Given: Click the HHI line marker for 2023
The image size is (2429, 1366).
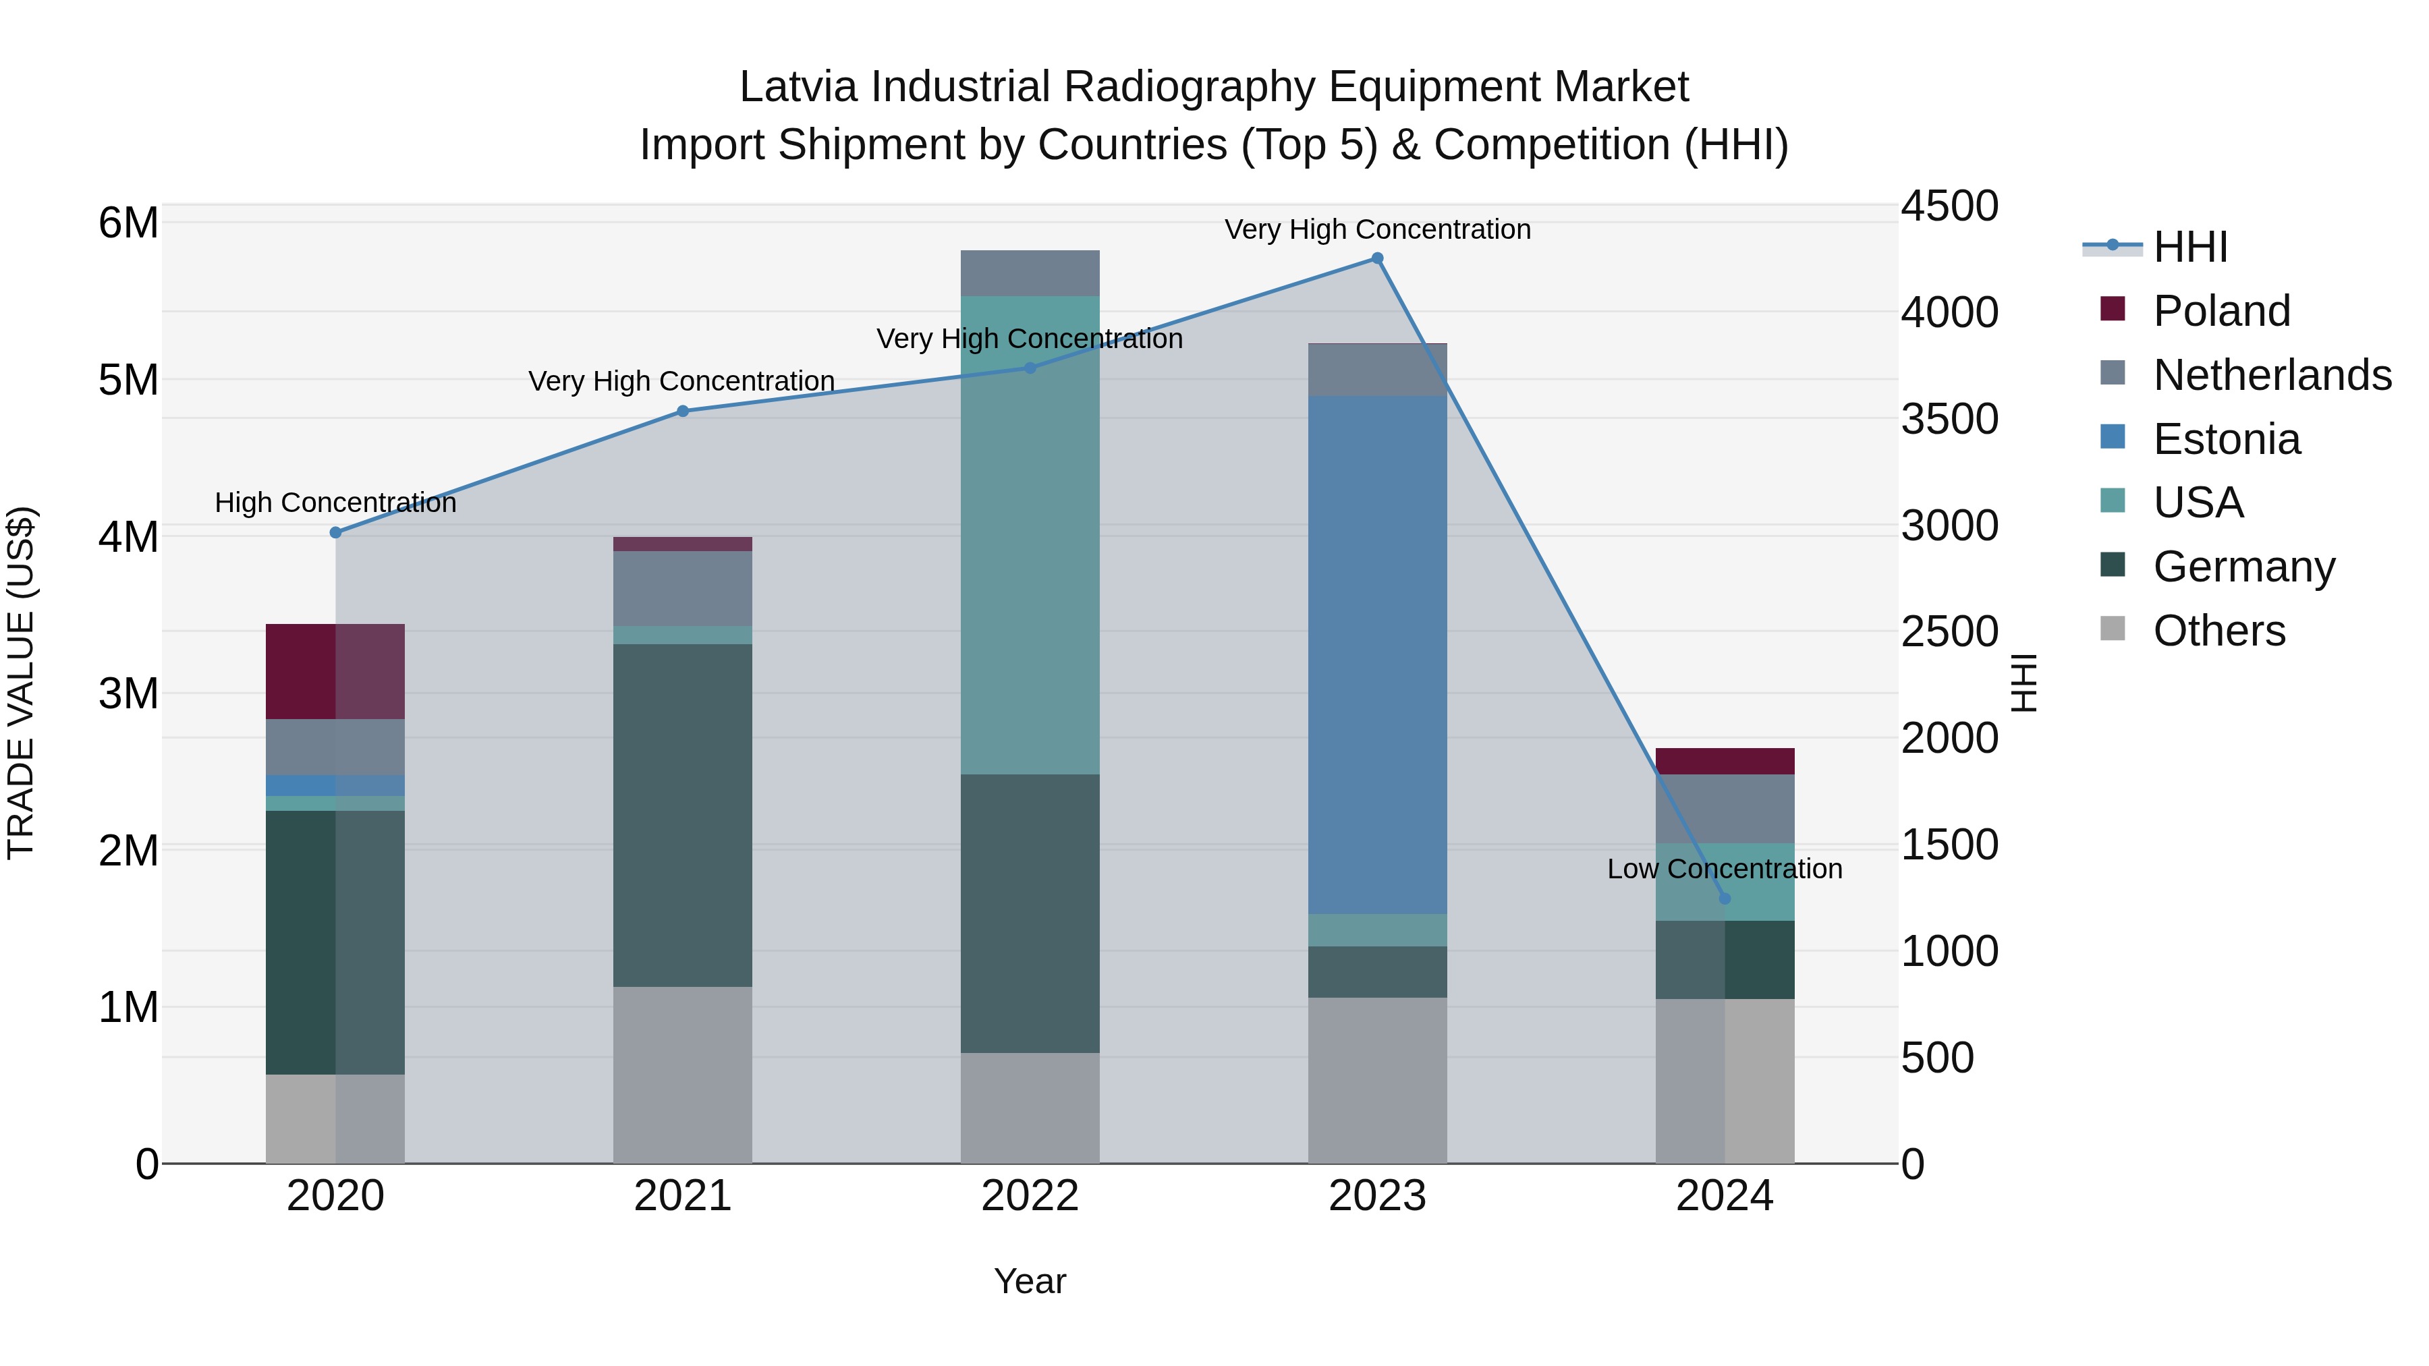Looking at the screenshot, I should (1376, 258).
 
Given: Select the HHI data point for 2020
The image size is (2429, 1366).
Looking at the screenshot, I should (336, 533).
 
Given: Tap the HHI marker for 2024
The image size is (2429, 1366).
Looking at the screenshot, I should (1725, 899).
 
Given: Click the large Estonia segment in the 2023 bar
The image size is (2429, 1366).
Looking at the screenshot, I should (1376, 655).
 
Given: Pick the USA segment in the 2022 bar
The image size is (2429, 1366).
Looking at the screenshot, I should (1030, 536).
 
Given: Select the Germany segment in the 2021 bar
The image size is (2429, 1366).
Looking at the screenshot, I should (683, 816).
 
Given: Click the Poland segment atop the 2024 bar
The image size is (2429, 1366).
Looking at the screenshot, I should (1725, 761).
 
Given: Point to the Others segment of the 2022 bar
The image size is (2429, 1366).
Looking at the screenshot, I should (1030, 1108).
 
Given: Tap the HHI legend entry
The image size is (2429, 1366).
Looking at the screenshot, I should (2189, 247).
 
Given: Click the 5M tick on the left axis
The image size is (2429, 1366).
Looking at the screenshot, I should (128, 381).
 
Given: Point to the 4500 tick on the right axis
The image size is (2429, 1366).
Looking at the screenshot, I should (1948, 206).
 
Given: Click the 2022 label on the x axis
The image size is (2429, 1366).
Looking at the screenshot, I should (1030, 1196).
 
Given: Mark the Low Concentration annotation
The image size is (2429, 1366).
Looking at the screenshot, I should (1724, 870).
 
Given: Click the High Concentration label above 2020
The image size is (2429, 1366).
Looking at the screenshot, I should (336, 503).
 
